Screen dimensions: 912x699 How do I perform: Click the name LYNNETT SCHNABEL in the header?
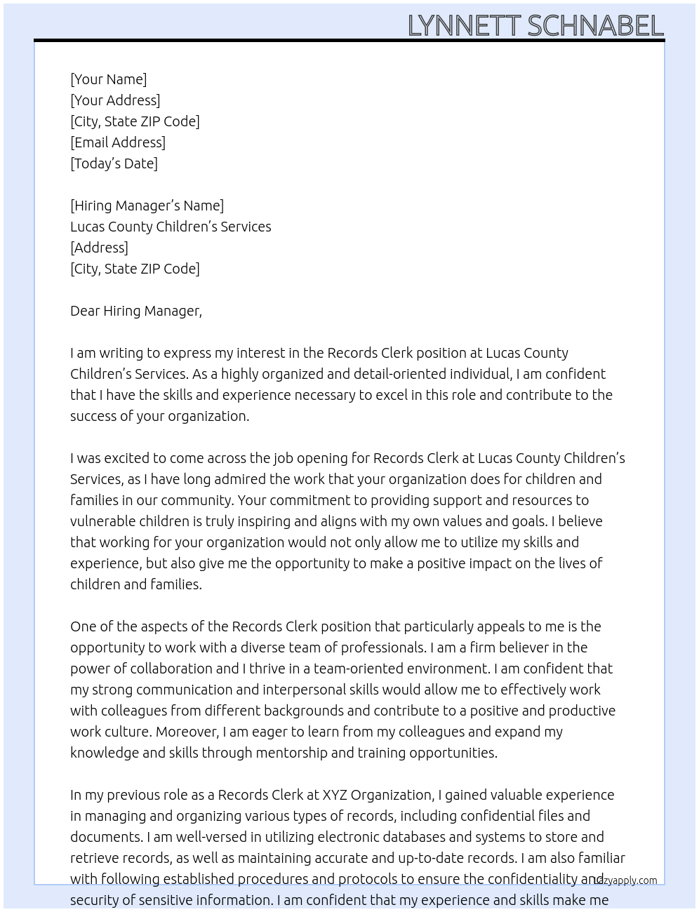(x=535, y=26)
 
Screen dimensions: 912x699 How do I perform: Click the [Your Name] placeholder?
(x=109, y=79)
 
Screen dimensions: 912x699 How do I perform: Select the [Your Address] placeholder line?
(x=115, y=100)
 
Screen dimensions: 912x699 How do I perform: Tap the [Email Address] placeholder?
(x=118, y=142)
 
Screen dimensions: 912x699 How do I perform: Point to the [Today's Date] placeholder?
(x=114, y=163)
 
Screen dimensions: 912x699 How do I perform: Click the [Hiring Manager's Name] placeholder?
(x=147, y=206)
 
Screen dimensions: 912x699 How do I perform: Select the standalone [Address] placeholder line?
(x=99, y=248)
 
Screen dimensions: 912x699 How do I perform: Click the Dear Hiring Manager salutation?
(x=135, y=311)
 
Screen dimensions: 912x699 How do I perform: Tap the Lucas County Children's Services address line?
(x=171, y=227)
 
